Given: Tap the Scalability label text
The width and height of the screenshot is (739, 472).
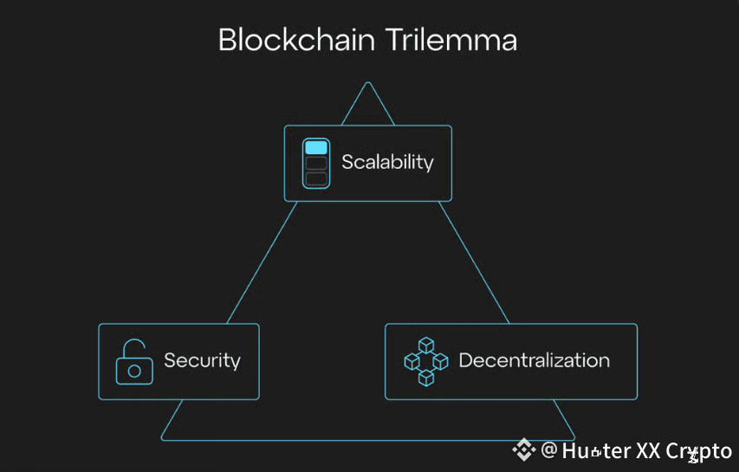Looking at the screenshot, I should tap(387, 162).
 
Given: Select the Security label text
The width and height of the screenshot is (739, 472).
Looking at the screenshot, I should tap(202, 360).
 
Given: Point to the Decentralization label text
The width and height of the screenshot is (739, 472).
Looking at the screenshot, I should tap(534, 360).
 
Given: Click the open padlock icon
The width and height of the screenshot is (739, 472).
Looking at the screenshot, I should tap(133, 362).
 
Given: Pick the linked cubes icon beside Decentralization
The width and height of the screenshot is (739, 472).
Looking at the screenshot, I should tap(425, 361).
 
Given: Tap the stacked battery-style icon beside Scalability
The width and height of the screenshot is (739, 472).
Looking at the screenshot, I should tap(315, 163).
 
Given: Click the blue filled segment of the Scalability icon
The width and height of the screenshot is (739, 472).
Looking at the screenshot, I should tap(315, 147).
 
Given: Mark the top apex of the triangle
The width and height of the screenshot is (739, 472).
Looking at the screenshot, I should tap(368, 83).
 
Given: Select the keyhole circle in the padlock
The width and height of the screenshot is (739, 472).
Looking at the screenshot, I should tap(134, 371).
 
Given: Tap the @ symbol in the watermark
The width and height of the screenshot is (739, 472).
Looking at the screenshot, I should tap(548, 450).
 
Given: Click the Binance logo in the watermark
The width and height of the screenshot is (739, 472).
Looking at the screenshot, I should tap(524, 450).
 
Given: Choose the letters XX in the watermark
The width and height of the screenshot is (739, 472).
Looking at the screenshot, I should tap(649, 451).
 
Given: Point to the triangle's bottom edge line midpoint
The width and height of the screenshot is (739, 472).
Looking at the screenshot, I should tap(368, 440).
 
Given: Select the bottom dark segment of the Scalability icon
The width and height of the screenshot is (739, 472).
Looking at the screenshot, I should tap(315, 178).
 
